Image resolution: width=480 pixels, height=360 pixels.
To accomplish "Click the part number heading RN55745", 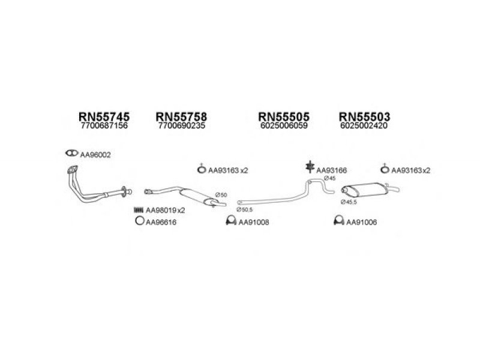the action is coord(104,116).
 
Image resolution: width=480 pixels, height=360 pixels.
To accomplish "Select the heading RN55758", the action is coord(181,116).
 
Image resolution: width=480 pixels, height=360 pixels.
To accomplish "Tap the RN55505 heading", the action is coord(284,116).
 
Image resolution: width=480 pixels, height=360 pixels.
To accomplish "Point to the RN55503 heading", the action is coord(364,116).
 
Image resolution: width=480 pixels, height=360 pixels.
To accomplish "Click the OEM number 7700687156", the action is coord(104,125).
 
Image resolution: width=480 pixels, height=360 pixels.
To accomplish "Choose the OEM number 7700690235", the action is coord(182,125).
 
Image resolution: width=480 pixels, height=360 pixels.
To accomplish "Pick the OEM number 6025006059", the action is coord(284,125).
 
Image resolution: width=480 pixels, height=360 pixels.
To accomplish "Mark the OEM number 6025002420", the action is coord(364,125).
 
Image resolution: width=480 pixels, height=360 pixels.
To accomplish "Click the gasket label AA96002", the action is coord(95,155).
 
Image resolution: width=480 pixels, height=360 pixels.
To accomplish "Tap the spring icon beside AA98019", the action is coord(139,210).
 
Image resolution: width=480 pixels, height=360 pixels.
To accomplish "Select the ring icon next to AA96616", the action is coord(139,220).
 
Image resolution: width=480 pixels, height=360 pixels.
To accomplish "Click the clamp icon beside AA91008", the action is coord(231,220).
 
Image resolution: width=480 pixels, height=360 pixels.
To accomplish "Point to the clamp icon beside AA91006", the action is coord(338,220).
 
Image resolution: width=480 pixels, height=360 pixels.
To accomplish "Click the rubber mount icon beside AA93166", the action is coord(310,167).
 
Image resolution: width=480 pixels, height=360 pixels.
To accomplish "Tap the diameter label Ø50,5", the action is coord(244,209).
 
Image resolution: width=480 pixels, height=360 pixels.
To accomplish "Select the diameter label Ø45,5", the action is coord(349,202).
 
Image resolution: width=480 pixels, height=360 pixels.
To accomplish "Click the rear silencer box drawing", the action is coord(365,190).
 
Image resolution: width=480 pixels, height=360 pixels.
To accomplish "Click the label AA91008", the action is coord(254,222).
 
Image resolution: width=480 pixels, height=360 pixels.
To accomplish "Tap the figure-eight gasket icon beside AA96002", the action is coord(71,153).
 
